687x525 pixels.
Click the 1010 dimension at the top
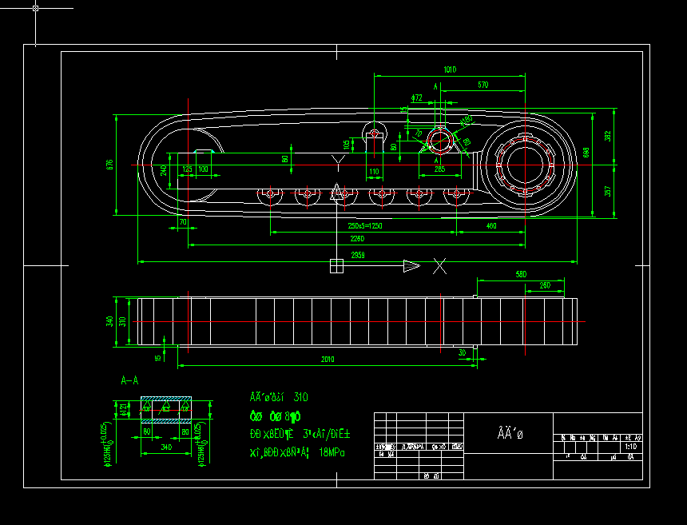tap(450, 70)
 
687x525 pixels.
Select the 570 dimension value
tap(483, 85)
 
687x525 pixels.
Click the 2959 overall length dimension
tap(358, 256)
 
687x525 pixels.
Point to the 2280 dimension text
tap(357, 239)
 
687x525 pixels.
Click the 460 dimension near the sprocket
tap(491, 226)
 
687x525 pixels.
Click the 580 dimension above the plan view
tap(521, 274)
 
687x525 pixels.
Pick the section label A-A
tap(130, 380)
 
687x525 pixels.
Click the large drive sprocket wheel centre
tap(525, 165)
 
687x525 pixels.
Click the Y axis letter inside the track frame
tap(339, 162)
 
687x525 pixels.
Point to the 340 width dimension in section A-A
tap(166, 447)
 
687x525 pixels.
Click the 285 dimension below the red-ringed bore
tap(439, 169)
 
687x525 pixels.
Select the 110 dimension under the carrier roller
tap(374, 171)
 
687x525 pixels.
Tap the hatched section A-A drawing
tap(166, 409)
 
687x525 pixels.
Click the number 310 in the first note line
tap(301, 396)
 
